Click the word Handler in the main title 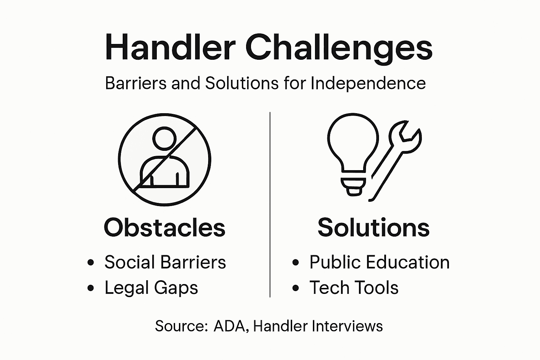(x=170, y=47)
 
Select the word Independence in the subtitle (x=368, y=83)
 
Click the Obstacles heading (x=165, y=227)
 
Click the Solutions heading (x=373, y=227)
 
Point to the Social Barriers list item (x=165, y=262)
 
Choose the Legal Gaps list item (x=151, y=288)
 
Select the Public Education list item (x=379, y=262)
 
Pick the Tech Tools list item (x=354, y=288)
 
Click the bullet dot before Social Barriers (x=91, y=263)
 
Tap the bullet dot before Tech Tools (x=296, y=288)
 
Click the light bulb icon (x=353, y=148)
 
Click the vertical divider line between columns (x=270, y=204)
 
